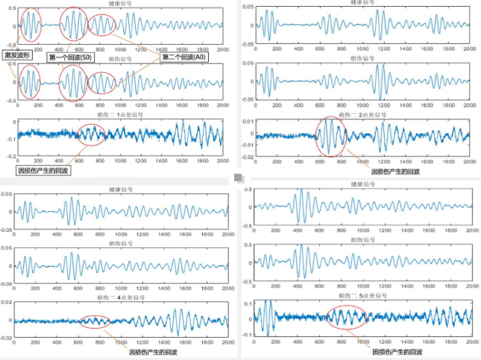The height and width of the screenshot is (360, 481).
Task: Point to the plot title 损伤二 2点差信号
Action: (x=362, y=115)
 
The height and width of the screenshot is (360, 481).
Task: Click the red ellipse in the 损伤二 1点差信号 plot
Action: (x=93, y=134)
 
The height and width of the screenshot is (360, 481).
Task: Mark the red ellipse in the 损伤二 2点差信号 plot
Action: (x=331, y=137)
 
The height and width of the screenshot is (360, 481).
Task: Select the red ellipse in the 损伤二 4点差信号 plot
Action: (x=94, y=321)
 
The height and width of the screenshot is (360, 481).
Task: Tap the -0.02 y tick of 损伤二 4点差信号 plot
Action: (x=7, y=338)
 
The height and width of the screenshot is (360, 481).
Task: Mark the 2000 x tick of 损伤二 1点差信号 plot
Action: (x=222, y=162)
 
